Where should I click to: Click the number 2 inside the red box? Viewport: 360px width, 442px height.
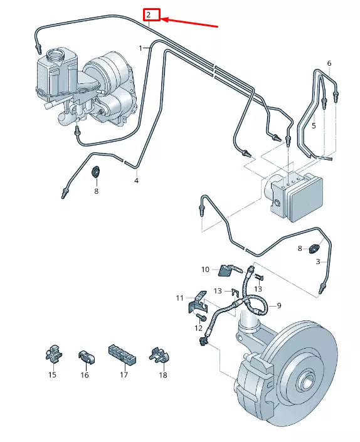tap(149, 14)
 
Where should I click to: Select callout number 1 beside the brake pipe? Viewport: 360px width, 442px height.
tap(140, 48)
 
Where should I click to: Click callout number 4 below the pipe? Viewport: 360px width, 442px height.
tap(137, 181)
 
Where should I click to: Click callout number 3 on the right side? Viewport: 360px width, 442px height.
tap(318, 262)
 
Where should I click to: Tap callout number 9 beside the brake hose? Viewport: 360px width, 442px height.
tap(279, 305)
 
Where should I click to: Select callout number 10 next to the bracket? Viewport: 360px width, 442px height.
tap(205, 270)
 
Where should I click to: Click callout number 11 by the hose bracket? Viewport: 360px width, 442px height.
tap(179, 298)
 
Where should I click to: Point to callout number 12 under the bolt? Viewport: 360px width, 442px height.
tap(198, 328)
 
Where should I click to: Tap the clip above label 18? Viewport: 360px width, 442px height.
tap(159, 355)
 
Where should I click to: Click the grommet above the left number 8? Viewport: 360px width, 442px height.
tap(96, 171)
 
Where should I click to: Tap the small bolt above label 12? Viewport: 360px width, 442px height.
tap(201, 317)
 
